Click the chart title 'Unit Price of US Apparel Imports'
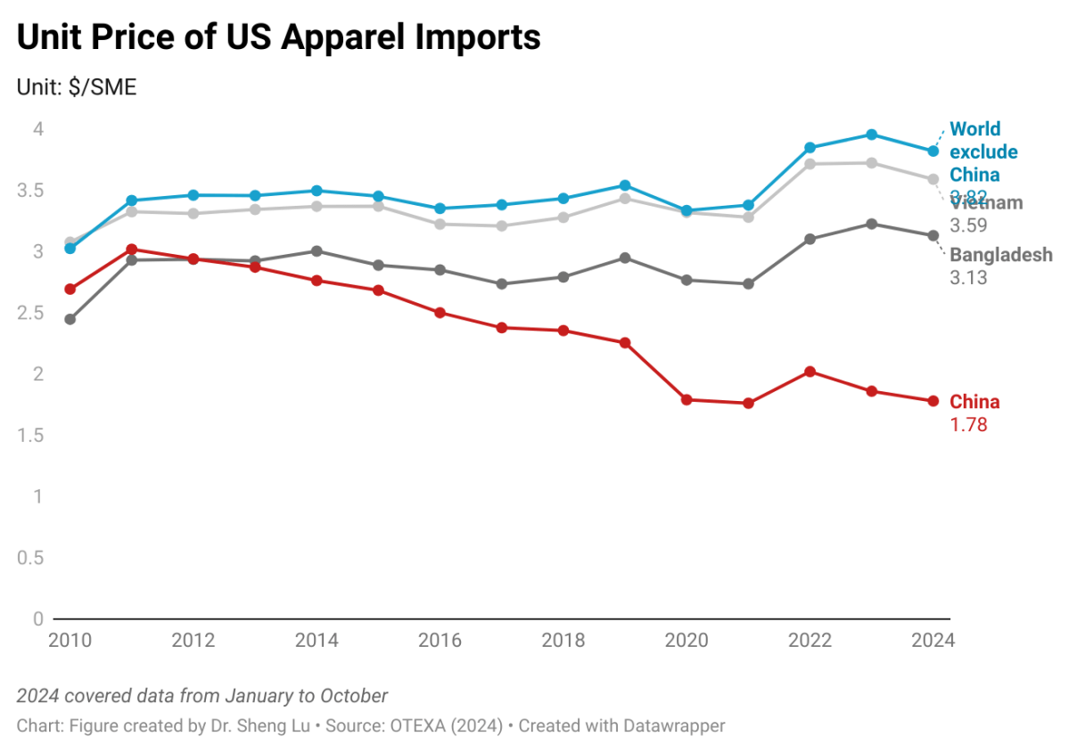279,37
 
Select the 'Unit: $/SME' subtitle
77,88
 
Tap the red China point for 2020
687,399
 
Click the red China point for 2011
131,250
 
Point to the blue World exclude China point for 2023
872,135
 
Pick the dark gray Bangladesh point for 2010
70,319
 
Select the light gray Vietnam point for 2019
625,198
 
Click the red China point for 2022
810,372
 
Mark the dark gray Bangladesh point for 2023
872,224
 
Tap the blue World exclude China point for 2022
810,148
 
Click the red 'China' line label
974,402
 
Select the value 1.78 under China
968,425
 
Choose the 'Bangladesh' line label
1001,255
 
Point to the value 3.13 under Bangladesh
968,278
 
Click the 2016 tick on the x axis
440,641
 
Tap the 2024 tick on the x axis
933,641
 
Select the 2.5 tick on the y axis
31,313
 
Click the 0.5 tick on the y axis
31,558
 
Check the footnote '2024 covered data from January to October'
202,696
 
